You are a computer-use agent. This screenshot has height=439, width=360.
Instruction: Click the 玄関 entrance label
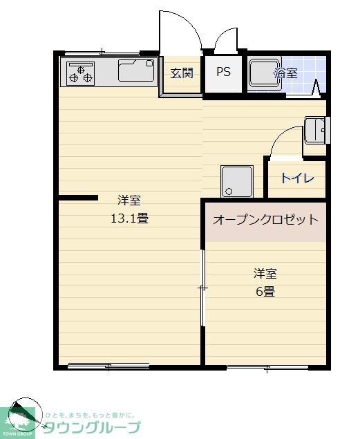coord(182,73)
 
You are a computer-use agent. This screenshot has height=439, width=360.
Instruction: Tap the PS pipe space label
coord(223,73)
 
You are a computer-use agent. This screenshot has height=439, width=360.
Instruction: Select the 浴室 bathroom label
coord(286,72)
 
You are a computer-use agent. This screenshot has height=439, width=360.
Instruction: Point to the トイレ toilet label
coord(297,178)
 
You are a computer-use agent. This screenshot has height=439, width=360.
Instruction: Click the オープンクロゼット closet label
coord(266,220)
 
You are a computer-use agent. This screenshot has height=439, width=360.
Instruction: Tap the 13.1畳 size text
coord(129,219)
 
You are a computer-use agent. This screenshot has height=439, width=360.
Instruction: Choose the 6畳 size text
coord(266,291)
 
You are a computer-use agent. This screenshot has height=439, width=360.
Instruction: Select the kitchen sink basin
coord(136,71)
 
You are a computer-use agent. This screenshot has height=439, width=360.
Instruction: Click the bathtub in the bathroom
coord(263,74)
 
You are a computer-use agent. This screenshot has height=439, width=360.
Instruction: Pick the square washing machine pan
coord(236,181)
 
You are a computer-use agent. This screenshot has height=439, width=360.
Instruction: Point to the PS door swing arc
coord(226,40)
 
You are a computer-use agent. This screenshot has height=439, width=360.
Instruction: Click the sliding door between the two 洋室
coord(202,287)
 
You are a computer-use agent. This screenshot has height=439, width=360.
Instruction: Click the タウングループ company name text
coord(92,427)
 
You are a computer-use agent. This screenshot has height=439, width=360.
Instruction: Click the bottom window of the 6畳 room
coord(267,367)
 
